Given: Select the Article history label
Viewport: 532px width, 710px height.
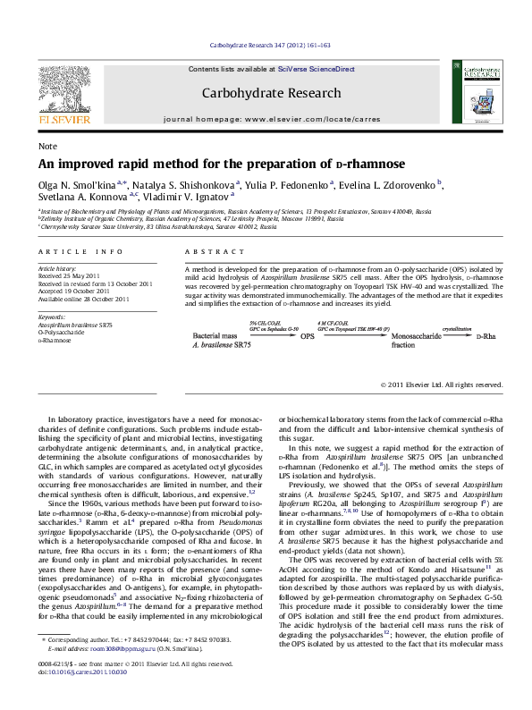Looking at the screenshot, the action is click(x=55, y=268).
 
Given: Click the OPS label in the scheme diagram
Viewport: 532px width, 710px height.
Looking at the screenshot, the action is click(x=307, y=336).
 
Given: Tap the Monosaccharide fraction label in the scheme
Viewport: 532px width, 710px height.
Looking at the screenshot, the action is click(x=405, y=340).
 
